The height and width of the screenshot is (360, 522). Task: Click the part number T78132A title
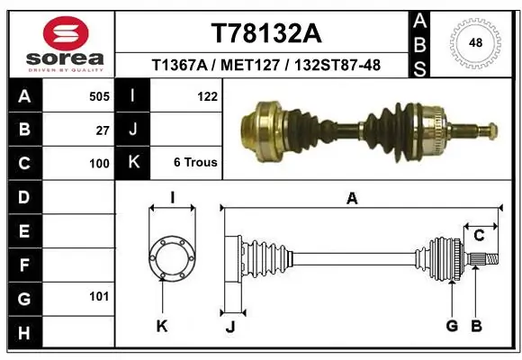[x=265, y=33]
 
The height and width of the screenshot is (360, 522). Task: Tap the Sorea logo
[x=59, y=43]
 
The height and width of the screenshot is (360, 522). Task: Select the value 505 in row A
[x=99, y=96]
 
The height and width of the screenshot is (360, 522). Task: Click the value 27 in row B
[x=103, y=130]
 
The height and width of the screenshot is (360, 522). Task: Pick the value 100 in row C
[x=99, y=164]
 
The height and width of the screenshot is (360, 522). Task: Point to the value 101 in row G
[x=99, y=296]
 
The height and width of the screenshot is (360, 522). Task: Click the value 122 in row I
[x=206, y=96]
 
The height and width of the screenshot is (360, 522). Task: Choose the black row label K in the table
[x=133, y=163]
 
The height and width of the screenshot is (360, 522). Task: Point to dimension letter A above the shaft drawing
[x=352, y=199]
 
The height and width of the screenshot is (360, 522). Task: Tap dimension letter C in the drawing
[x=479, y=236]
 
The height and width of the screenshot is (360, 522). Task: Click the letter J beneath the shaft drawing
[x=229, y=327]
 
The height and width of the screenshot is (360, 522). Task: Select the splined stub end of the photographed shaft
[x=478, y=132]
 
